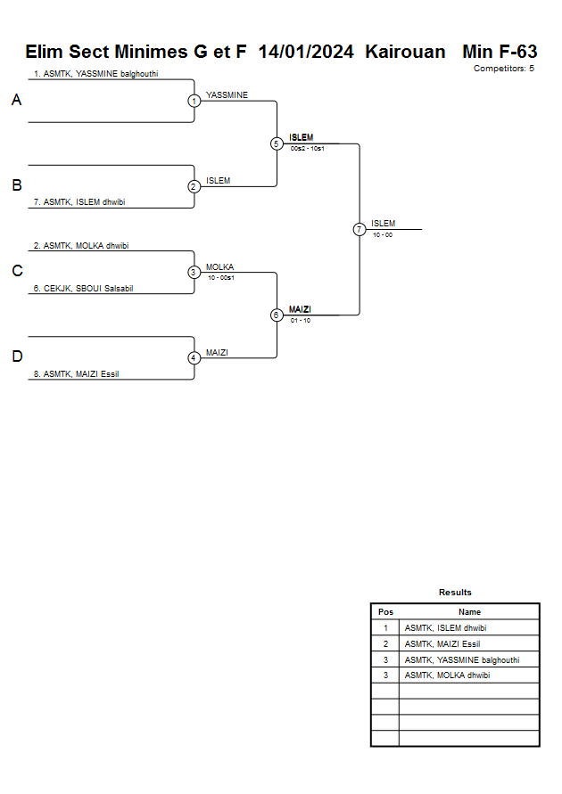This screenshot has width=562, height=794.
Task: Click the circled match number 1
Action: point(194,101)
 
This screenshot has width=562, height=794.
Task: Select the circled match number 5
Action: point(277,143)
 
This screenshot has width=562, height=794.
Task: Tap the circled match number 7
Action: point(359,229)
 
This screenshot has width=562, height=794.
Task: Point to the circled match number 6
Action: point(277,315)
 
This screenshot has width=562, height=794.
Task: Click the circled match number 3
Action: point(194,272)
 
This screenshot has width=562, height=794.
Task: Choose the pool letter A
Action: point(16,101)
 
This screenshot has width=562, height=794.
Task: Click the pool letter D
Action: point(16,356)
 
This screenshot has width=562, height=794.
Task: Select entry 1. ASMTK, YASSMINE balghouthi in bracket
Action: point(95,74)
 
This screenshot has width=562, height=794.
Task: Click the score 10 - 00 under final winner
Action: point(383,235)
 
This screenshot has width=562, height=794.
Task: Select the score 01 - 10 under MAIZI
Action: point(301,321)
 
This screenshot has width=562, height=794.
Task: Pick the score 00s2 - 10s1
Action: point(307,149)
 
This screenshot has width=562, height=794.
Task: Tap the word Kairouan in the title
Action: point(405,53)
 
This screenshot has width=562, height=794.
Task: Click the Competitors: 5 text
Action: point(503,69)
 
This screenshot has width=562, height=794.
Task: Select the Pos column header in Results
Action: point(385,612)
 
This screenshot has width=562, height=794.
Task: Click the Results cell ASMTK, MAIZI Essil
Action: point(442,643)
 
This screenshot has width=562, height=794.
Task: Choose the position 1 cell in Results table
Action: point(385,628)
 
